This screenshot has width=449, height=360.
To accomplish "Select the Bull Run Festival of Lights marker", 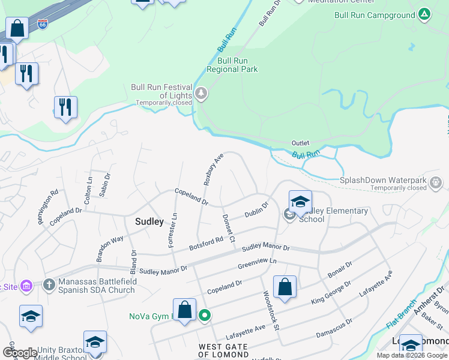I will (x=200, y=94).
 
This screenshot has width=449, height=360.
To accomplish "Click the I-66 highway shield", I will (x=42, y=25).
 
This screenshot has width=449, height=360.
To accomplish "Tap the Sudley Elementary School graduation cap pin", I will (x=300, y=200).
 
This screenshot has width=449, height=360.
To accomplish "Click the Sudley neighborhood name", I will (x=149, y=221).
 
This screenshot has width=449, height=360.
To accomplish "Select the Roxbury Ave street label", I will (x=213, y=169).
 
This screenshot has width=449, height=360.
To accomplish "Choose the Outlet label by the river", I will (x=300, y=143).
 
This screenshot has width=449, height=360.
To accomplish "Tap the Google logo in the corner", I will (x=20, y=353).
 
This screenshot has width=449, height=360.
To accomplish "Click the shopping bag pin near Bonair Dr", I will (x=285, y=287).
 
